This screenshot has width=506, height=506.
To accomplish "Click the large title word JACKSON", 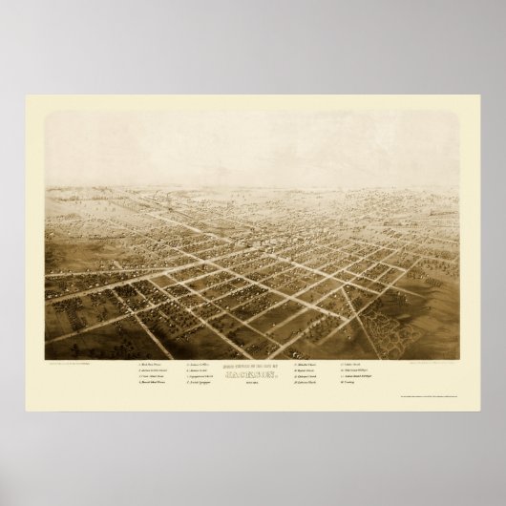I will click(252, 373).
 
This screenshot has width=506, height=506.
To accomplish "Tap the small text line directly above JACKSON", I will click(252, 366).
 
